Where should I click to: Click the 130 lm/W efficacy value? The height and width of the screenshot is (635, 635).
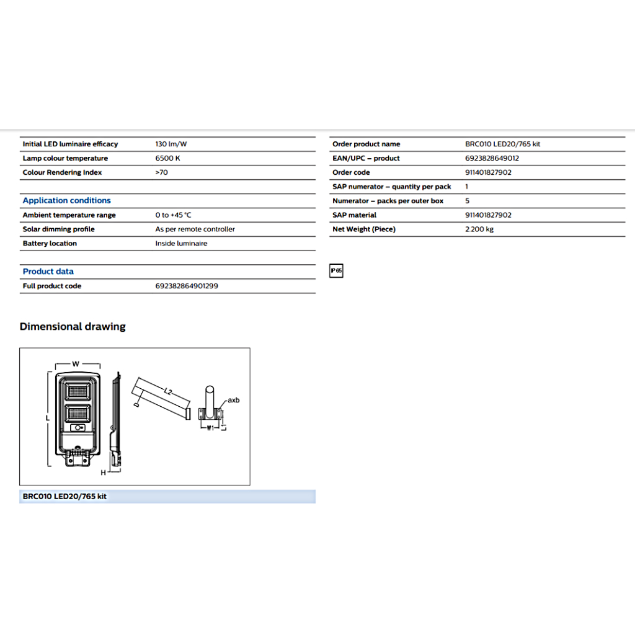[171, 144]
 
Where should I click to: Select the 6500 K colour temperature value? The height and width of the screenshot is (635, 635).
[167, 158]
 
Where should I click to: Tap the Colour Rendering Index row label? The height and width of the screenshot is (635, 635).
[62, 172]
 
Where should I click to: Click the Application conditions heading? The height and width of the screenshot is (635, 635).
[66, 200]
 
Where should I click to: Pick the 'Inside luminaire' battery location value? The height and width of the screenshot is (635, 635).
[181, 244]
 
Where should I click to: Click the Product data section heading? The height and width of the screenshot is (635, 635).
[48, 272]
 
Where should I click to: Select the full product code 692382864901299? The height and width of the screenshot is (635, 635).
[186, 286]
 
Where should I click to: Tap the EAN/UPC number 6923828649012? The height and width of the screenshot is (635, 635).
[492, 158]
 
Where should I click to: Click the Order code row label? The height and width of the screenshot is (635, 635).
[351, 172]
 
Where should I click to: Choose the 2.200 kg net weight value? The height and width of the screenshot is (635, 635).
[479, 229]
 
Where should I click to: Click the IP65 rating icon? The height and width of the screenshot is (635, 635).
[336, 271]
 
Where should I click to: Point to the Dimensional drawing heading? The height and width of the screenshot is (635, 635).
[73, 327]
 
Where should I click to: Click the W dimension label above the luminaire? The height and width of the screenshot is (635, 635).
[76, 364]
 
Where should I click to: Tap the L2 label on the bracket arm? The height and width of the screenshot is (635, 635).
[168, 391]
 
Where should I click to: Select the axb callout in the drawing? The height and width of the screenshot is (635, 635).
[233, 400]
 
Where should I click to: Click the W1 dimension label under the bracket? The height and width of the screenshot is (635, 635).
[210, 428]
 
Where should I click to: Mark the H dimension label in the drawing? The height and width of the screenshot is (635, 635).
[104, 473]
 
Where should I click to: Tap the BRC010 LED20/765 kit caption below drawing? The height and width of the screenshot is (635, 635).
[64, 497]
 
